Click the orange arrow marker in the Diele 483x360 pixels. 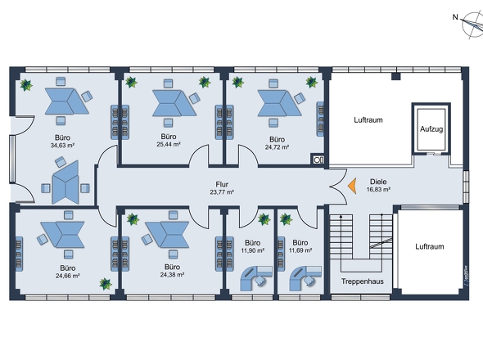tap(353, 186)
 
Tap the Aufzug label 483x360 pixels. tap(431, 129)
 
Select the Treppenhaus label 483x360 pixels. tap(362, 281)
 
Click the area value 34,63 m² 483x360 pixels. tap(62, 146)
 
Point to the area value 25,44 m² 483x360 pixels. tap(169, 144)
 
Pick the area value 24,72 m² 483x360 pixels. tap(277, 147)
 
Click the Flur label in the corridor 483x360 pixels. tap(222, 184)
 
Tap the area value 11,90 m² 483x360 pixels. tap(253, 250)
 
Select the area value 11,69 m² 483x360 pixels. tap(300, 250)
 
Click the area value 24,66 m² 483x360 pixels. tap(68, 276)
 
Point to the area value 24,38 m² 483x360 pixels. tap(172, 275)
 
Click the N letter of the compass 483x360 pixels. tap(455, 17)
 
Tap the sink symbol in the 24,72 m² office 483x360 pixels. tap(318, 160)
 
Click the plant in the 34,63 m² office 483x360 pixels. tap(26, 85)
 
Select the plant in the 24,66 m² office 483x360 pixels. tap(106, 284)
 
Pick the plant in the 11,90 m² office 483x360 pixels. tap(264, 219)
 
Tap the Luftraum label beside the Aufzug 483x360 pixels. tap(368, 120)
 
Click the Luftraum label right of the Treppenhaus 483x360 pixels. tap(430, 246)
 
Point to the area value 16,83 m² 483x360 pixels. tap(378, 190)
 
